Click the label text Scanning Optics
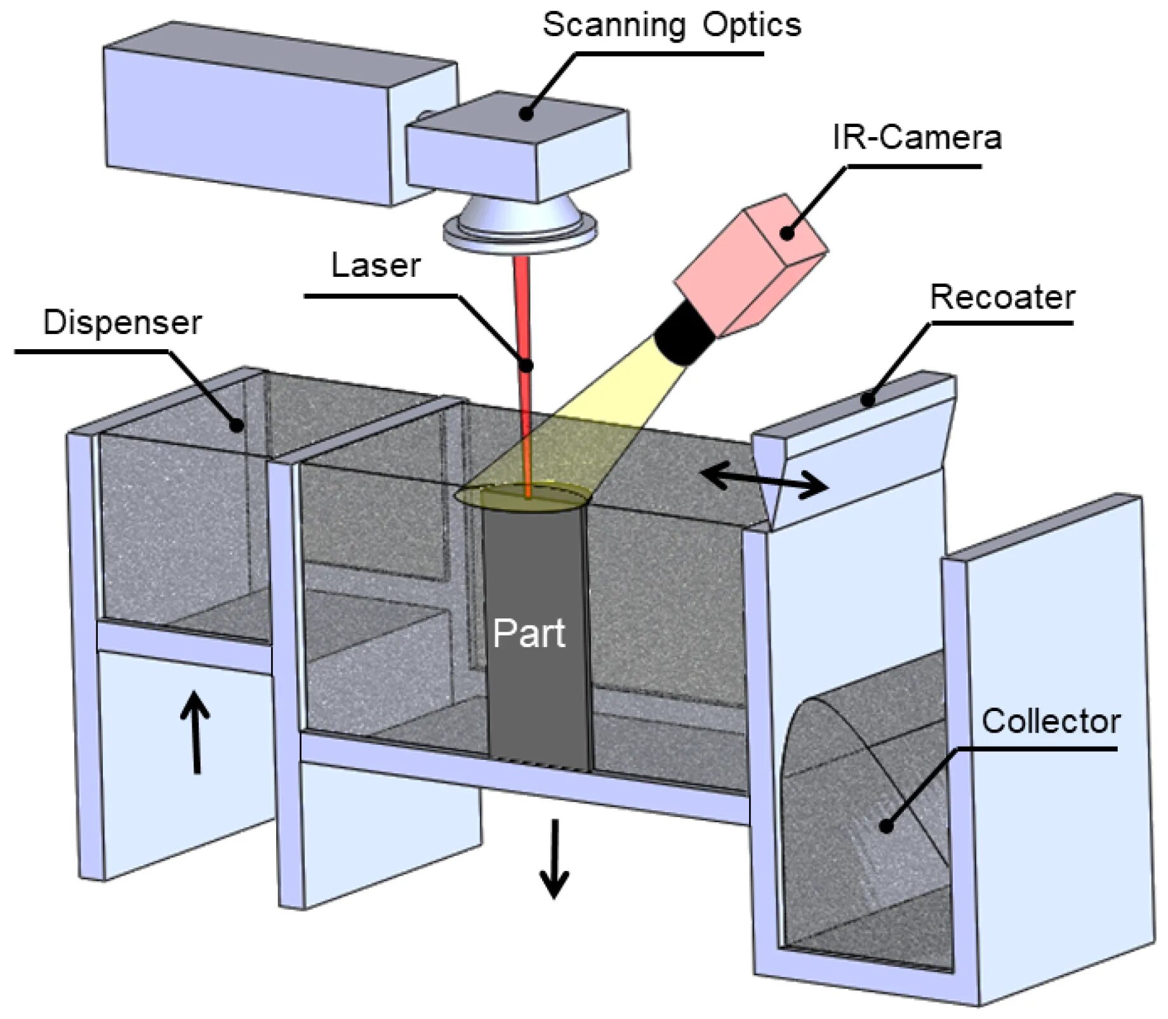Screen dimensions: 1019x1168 (671, 26)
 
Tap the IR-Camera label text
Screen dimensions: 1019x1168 (917, 137)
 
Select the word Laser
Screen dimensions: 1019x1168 (376, 265)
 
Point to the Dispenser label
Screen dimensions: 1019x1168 (122, 323)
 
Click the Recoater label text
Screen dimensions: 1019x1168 (1002, 297)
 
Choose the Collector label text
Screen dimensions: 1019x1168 (1051, 721)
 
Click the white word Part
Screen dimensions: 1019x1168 (529, 633)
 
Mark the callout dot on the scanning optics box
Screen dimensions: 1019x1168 (526, 114)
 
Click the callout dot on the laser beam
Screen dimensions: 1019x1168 (526, 365)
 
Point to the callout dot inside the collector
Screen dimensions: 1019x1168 (886, 826)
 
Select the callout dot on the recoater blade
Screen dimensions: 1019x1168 (868, 399)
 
